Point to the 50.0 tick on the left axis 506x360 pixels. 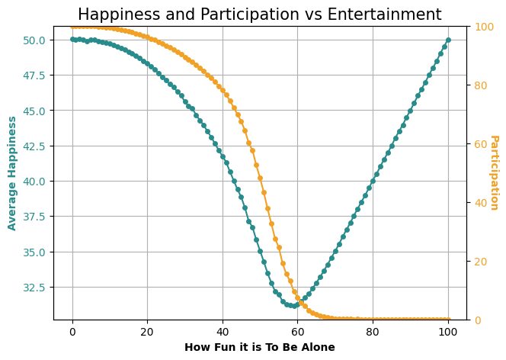click(36, 40)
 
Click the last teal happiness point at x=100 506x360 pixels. click(448, 40)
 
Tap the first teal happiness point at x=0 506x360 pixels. click(72, 40)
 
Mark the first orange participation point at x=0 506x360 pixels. click(72, 27)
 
